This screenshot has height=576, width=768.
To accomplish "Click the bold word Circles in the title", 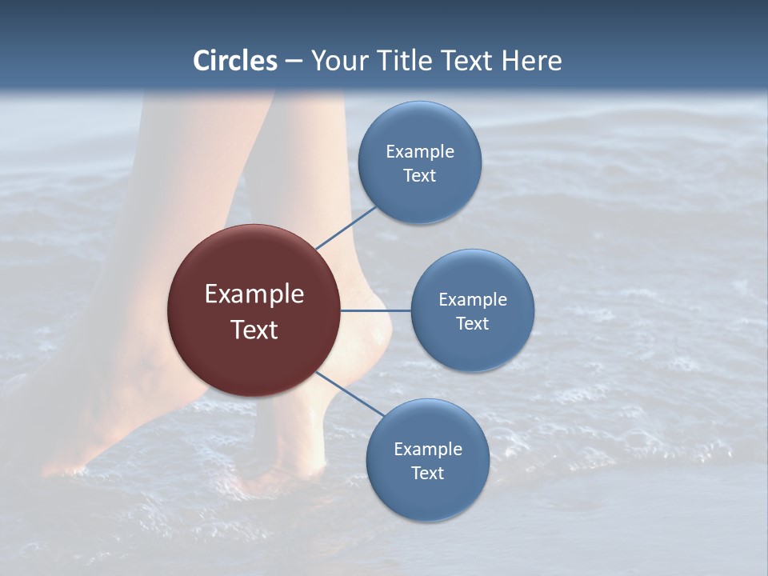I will pyautogui.click(x=235, y=61).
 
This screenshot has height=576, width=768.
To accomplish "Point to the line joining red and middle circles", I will pyautogui.click(x=376, y=310).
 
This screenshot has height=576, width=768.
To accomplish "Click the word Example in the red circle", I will pyautogui.click(x=254, y=294).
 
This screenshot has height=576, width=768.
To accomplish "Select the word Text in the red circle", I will pyautogui.click(x=254, y=330).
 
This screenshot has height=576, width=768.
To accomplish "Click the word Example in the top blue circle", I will pyautogui.click(x=420, y=151).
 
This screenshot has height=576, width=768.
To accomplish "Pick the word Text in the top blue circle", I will pyautogui.click(x=420, y=175).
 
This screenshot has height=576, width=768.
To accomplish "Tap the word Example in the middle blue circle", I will pyautogui.click(x=473, y=299).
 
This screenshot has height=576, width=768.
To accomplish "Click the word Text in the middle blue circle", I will pyautogui.click(x=473, y=323).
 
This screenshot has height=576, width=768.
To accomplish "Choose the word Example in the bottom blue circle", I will pyautogui.click(x=428, y=449).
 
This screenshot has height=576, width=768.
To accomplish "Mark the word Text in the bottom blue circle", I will pyautogui.click(x=428, y=473).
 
